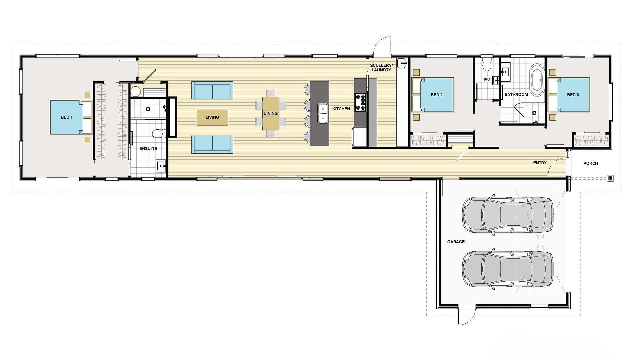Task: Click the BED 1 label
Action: coord(66,117)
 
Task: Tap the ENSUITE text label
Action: coord(148,149)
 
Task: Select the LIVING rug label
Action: coord(212,117)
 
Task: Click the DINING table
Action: coord(271,113)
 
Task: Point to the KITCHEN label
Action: coord(341,109)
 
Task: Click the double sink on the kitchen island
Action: coord(323,113)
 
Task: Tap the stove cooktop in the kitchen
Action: coord(360,102)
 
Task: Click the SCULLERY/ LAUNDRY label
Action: coord(381,68)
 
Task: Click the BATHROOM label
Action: coord(516,95)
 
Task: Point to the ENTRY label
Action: coord(540,163)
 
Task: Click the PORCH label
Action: coord(590,163)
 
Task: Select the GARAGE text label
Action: coord(456,242)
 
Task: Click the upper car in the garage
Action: coord(507,215)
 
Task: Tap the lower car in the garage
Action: coord(507,269)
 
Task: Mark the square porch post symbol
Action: coord(610,179)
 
